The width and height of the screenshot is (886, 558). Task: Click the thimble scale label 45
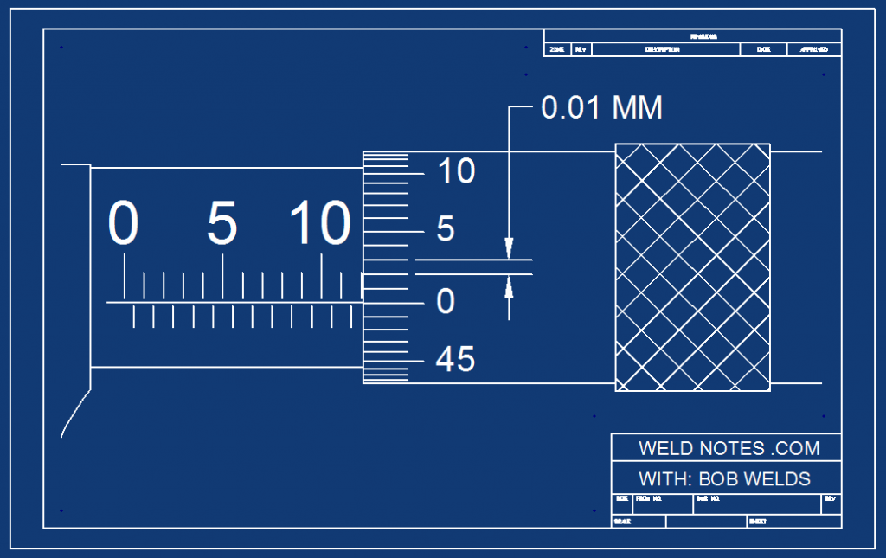[x=455, y=359]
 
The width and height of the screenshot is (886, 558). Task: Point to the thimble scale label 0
[x=446, y=301]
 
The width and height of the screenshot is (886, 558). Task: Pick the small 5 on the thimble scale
[x=446, y=229]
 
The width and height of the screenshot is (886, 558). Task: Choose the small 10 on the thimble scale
[x=456, y=171]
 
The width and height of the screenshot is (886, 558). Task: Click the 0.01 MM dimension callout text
[x=601, y=107]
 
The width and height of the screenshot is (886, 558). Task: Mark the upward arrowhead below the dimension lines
[x=509, y=285]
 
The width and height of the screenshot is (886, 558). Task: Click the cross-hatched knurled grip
[x=692, y=267]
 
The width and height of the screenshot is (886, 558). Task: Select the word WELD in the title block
[x=665, y=448]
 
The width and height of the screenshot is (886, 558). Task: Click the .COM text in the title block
[x=796, y=448]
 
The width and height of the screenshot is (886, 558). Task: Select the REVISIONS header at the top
[x=703, y=36]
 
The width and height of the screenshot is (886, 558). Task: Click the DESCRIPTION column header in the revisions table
[x=663, y=50]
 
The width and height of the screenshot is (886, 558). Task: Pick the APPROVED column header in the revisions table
[x=814, y=50]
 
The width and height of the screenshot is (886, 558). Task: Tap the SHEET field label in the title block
[x=757, y=522]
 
